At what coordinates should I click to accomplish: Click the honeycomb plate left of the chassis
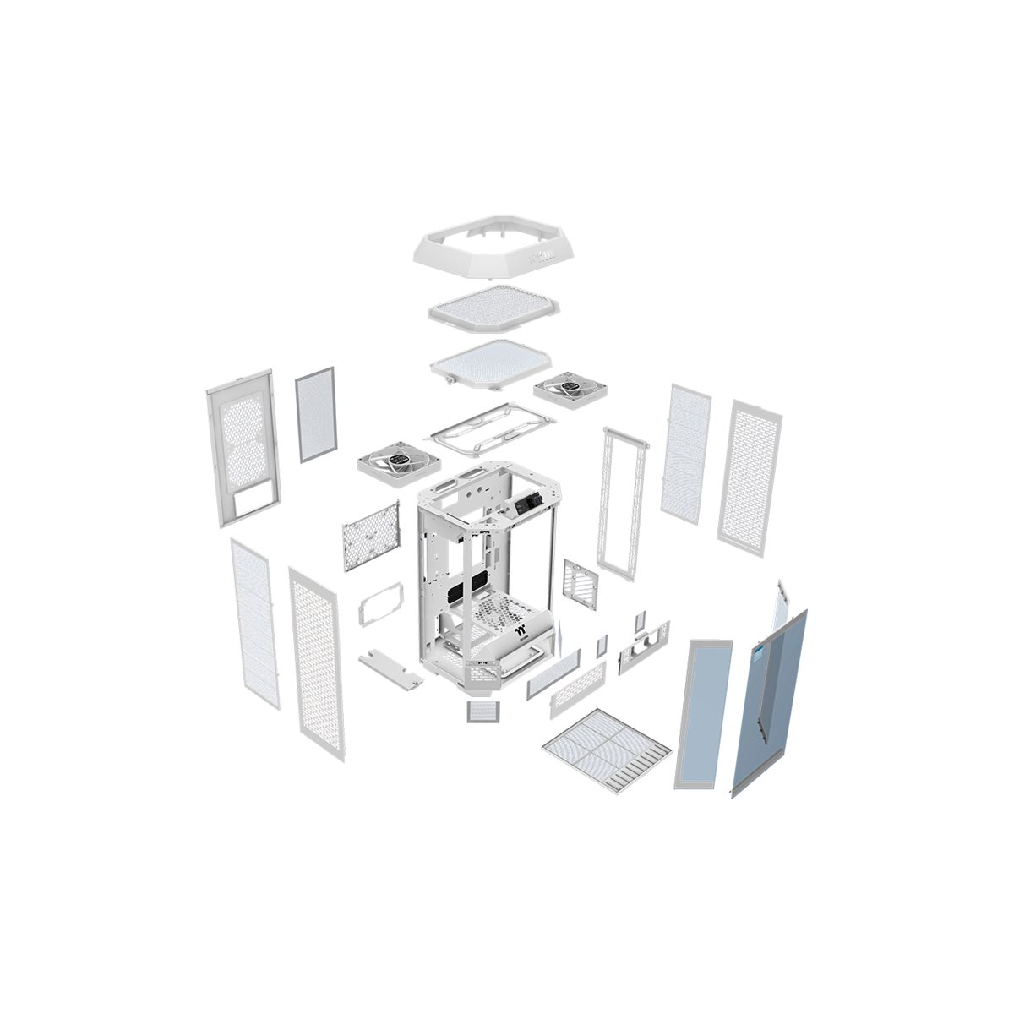pos(370,535)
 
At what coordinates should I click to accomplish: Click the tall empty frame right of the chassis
pos(624,502)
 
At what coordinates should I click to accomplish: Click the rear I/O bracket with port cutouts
pos(644,646)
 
